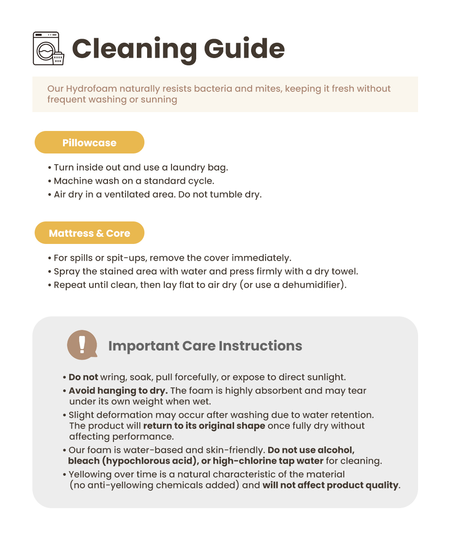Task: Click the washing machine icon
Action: [x=49, y=48]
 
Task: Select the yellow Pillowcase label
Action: [x=89, y=143]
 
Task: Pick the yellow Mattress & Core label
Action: [x=89, y=233]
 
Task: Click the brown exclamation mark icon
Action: [x=82, y=345]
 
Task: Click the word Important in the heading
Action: [x=144, y=346]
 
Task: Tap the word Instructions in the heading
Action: [x=260, y=346]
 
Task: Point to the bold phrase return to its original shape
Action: [x=204, y=426]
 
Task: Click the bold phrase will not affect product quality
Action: [x=330, y=485]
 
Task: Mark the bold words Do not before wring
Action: [x=83, y=377]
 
